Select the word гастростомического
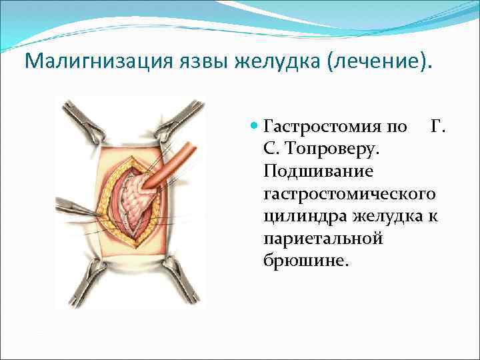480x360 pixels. pyautogui.click(x=350, y=193)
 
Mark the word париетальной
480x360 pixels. pyautogui.click(x=323, y=238)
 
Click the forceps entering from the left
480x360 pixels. pyautogui.click(x=77, y=207)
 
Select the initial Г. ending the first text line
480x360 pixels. pyautogui.click(x=438, y=126)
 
